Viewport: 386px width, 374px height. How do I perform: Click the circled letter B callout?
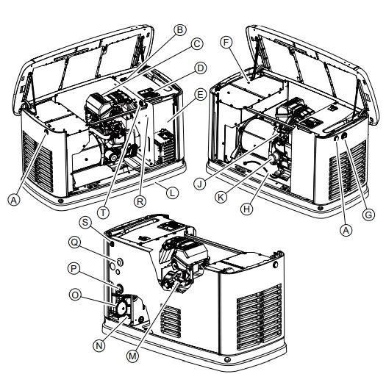pos(180,30)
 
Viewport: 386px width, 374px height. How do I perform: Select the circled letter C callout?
pos(197,44)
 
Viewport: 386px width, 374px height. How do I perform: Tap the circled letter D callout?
pos(201,68)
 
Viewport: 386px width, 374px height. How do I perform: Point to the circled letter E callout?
pos(200,95)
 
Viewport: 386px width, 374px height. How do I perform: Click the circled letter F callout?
pos(226,43)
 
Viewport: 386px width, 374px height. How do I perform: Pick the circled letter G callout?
pos(368,215)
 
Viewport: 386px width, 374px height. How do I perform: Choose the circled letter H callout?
pos(246,209)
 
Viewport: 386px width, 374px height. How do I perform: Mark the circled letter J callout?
pos(200,184)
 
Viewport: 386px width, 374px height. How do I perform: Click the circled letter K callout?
pos(221,197)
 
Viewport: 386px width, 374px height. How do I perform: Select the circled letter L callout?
pos(172,193)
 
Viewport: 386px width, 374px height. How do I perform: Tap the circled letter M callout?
pos(132,356)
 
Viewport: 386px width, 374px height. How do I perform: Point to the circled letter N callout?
pos(99,345)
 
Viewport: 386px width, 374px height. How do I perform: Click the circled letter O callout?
pos(75,295)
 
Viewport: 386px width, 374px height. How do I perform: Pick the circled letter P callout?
pos(74,268)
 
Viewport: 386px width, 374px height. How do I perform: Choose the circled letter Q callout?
pos(74,242)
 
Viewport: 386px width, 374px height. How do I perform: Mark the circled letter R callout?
pos(140,201)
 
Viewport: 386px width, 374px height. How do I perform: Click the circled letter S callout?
pos(85,222)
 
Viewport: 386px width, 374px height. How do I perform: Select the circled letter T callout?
pos(103,212)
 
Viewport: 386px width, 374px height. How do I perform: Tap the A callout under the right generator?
pos(346,230)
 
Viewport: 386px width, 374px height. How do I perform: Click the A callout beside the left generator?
pos(14,200)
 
